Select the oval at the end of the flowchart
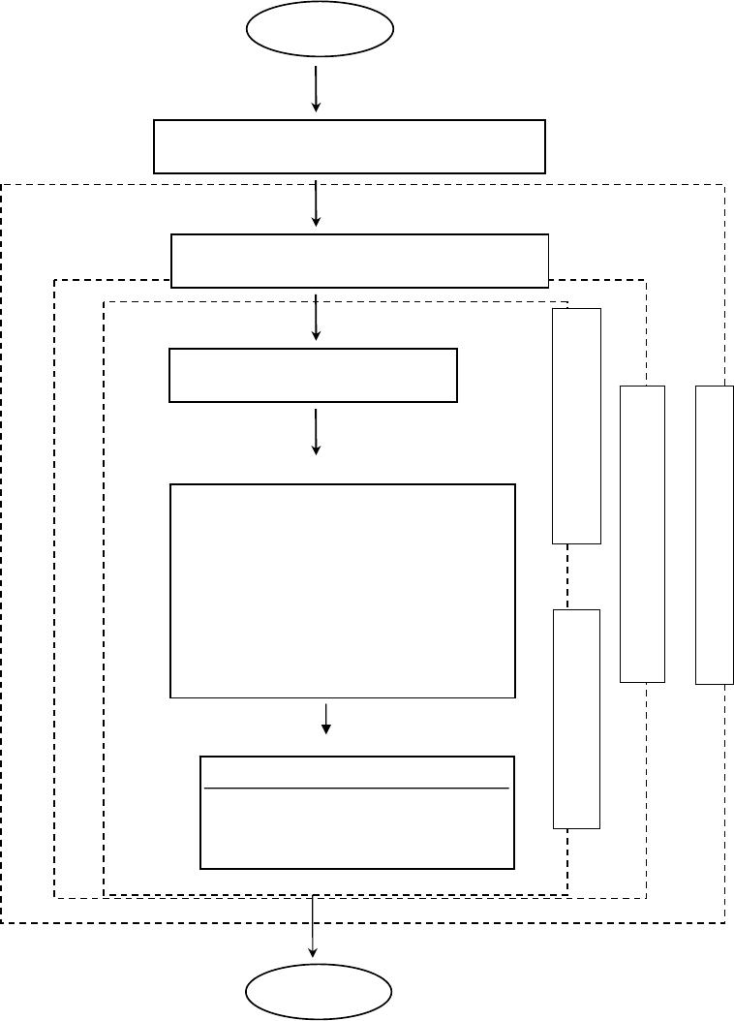click(320, 992)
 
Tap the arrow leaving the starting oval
click(317, 88)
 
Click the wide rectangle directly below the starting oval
click(350, 146)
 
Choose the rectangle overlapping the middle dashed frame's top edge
click(359, 261)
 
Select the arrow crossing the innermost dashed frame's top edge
click(317, 317)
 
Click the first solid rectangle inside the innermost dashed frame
click(313, 375)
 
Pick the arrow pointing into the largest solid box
click(317, 431)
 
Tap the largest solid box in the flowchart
click(342, 591)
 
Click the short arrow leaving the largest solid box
click(326, 718)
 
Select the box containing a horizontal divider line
click(356, 813)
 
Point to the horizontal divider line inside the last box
click(356, 789)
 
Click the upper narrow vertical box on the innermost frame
click(576, 425)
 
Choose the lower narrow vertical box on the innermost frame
click(576, 719)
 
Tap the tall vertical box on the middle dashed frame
click(642, 533)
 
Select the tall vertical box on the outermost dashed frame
click(715, 535)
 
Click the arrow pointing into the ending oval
click(313, 928)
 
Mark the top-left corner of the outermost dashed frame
click(2, 184)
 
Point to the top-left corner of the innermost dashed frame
click(105, 301)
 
